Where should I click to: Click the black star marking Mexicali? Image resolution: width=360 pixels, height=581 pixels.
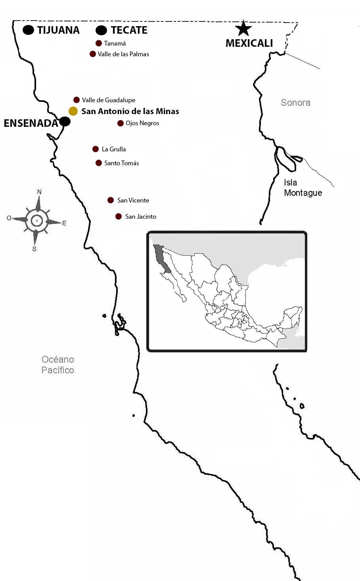pos(243,28)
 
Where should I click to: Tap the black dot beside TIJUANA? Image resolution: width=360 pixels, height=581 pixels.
pos(28,30)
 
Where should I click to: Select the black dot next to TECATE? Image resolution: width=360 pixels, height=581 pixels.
pos(101,30)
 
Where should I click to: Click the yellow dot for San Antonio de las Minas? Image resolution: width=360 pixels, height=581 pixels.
pos(73,111)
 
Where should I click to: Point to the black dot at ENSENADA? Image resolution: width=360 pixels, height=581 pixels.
pos(65,121)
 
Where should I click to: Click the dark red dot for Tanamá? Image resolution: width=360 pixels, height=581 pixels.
pos(99,43)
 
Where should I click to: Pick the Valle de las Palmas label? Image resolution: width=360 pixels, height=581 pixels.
pos(123,54)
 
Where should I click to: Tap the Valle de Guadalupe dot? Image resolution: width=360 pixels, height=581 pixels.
pos(77,100)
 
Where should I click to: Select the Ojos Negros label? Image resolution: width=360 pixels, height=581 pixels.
pos(142,123)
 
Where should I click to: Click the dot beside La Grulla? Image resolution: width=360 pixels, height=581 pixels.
pos(96,149)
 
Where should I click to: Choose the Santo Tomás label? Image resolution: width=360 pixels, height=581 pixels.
pos(121,163)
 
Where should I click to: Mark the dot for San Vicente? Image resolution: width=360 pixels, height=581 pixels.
pos(111,200)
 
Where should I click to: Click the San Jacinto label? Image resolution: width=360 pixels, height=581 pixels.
pos(141,216)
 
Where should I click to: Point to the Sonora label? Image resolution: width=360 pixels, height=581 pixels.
pos(295,103)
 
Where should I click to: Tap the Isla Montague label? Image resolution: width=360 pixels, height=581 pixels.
pos(303,188)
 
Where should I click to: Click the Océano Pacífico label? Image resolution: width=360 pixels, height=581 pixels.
pos(58,365)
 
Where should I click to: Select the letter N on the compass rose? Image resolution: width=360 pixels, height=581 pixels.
pos(39,192)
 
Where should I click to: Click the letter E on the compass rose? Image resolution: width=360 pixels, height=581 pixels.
pos(64,223)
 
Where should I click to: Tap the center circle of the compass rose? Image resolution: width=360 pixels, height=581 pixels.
pos(36,220)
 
